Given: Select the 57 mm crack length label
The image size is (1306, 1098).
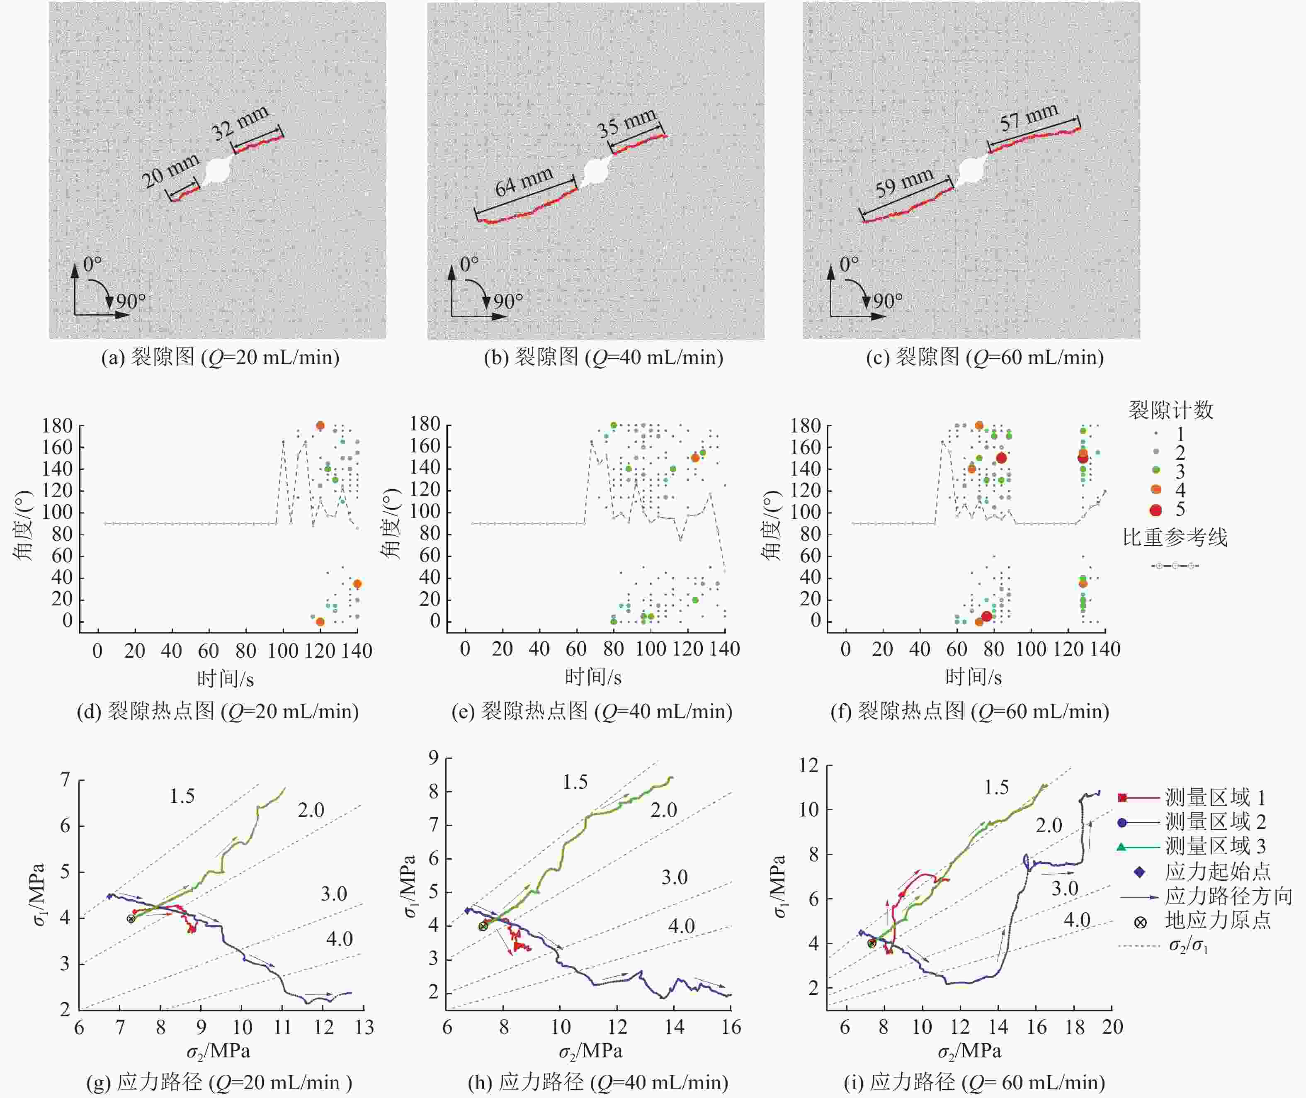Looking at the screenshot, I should coord(1029,117).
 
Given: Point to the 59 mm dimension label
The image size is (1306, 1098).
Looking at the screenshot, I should coord(904,183).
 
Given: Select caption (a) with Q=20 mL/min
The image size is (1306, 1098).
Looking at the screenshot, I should coord(220,358).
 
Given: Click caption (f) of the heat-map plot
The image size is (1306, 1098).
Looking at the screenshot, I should coord(969,711).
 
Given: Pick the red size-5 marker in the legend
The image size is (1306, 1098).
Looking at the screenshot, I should coord(1156,510).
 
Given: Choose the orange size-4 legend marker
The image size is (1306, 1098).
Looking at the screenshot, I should coord(1156,490).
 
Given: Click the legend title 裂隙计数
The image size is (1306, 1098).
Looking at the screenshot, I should coord(1171,410).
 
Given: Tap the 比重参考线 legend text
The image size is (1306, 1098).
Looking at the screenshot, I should coord(1175,537).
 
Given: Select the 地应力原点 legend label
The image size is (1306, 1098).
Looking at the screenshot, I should coord(1218,920).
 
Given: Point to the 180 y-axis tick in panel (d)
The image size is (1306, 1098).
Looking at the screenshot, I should coord(57,426).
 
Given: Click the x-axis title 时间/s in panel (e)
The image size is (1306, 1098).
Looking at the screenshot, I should coord(592,677).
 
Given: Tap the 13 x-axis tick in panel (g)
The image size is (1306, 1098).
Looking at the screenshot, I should coord(364,1027).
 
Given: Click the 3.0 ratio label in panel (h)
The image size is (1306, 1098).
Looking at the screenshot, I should coord(674,878).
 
